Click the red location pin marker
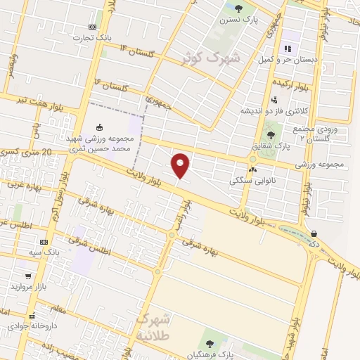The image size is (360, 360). pyautogui.click(x=181, y=165)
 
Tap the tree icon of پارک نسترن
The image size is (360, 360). pyautogui.click(x=238, y=9)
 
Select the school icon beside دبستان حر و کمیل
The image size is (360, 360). pyautogui.click(x=287, y=49)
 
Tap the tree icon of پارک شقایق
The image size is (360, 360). pyautogui.click(x=271, y=135)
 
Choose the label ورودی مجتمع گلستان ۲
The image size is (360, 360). pyautogui.click(x=319, y=134)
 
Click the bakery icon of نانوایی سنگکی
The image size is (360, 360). pyautogui.click(x=252, y=169)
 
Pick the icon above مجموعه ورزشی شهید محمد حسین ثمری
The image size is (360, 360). pyautogui.click(x=99, y=127)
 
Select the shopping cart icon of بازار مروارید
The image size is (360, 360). pyautogui.click(x=27, y=276)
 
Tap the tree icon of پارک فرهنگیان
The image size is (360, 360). pyautogui.click(x=210, y=343)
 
